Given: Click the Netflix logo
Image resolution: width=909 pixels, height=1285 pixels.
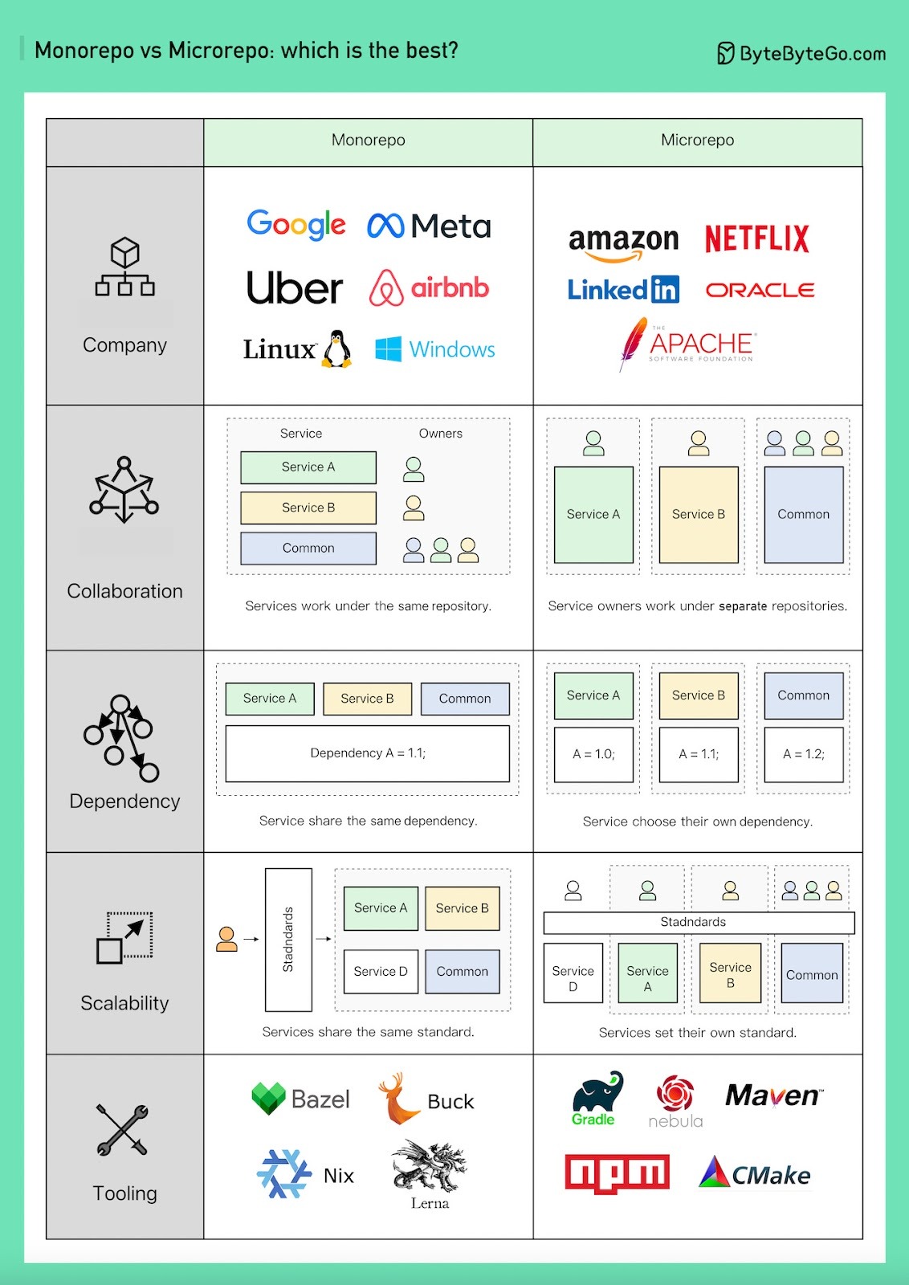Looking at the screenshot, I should tap(756, 239).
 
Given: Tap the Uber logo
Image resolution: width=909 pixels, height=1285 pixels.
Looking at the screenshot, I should tap(294, 288).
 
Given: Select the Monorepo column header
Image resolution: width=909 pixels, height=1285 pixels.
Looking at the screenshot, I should tap(368, 141).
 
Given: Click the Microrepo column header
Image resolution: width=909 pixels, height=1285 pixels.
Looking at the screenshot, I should tap(697, 141).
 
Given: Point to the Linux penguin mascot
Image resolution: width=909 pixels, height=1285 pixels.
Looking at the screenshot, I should tap(337, 349).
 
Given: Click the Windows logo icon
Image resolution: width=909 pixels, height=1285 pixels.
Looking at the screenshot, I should tap(389, 349).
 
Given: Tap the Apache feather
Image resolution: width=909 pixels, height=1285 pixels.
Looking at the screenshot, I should tap(634, 342).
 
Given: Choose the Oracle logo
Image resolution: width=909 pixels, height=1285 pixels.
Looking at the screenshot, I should tap(760, 290).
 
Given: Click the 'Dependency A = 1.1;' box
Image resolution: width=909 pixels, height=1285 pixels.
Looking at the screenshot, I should tap(368, 753).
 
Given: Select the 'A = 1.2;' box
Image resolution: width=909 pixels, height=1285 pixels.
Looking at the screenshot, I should tap(803, 754).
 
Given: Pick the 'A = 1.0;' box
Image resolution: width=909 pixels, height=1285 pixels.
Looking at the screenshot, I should tap(593, 754).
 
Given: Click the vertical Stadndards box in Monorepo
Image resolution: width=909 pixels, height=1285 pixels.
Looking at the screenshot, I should tap(288, 939).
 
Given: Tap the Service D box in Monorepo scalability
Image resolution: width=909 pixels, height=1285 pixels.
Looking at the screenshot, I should tap(381, 971).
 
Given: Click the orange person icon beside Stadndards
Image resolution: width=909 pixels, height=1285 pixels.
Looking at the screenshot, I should tap(227, 938).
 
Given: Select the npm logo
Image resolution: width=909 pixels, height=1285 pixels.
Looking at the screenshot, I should tap(617, 1173).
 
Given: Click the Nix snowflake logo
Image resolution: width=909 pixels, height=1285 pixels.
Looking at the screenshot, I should tap(283, 1173).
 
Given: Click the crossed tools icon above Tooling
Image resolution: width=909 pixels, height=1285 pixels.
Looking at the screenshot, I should tap(122, 1130).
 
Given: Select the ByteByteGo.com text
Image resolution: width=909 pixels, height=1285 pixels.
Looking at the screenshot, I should tap(812, 54).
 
